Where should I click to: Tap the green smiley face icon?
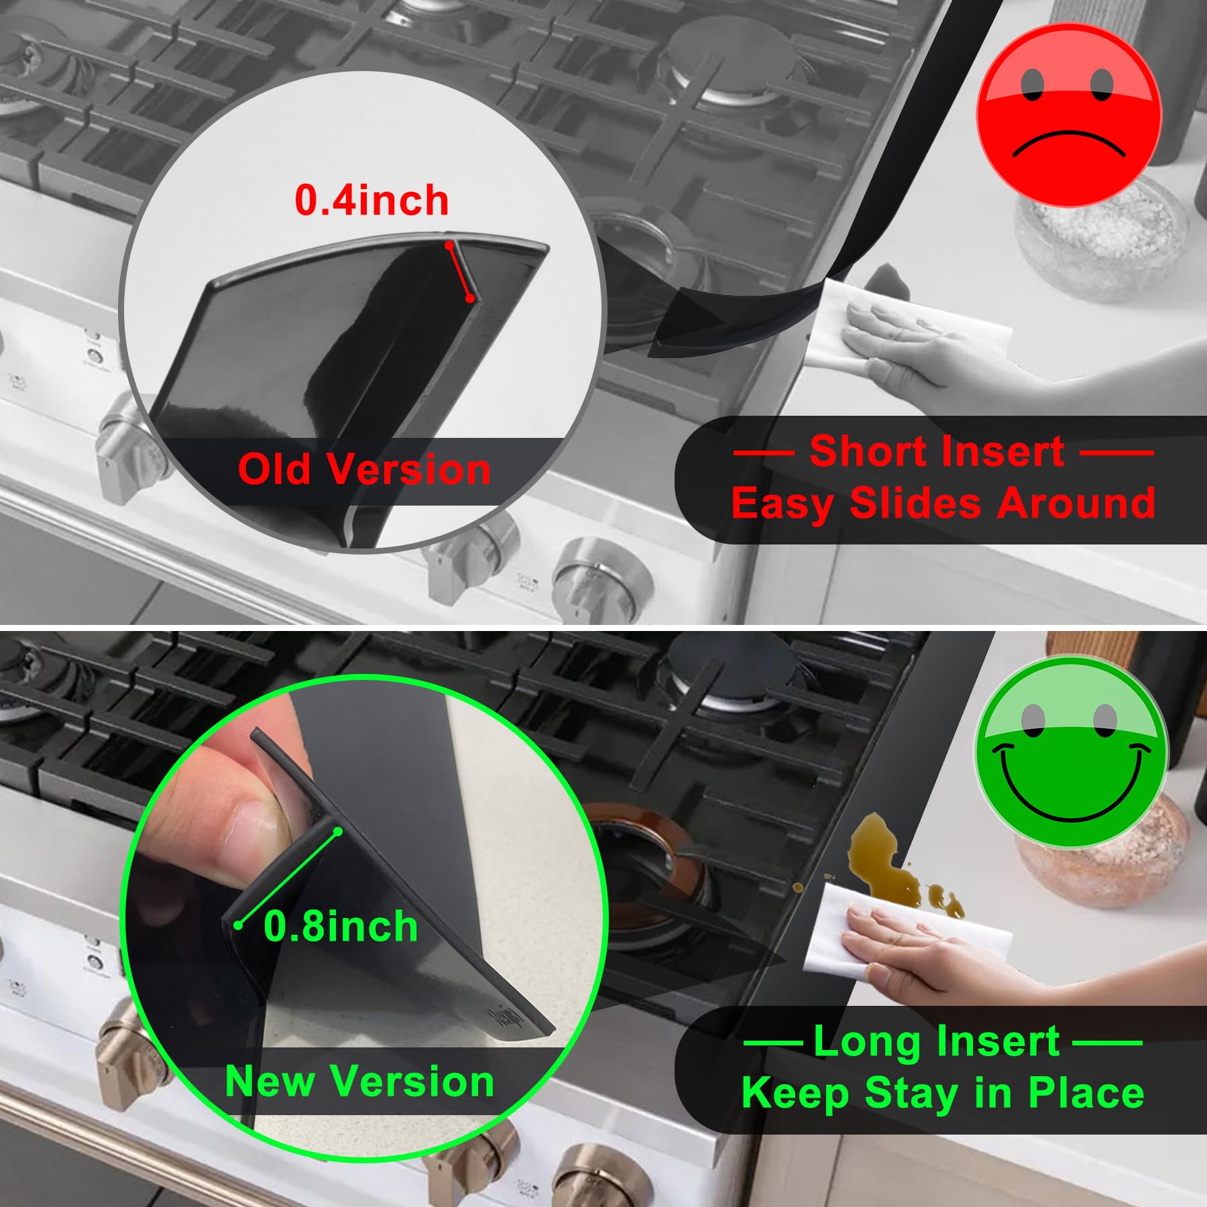1071,751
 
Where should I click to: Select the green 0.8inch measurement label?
341,926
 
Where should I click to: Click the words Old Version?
364,469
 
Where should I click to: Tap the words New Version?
360,1081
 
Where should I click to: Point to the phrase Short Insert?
937,451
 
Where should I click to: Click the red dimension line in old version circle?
460,272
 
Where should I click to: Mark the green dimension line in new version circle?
288,878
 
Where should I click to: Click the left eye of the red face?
1033,84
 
